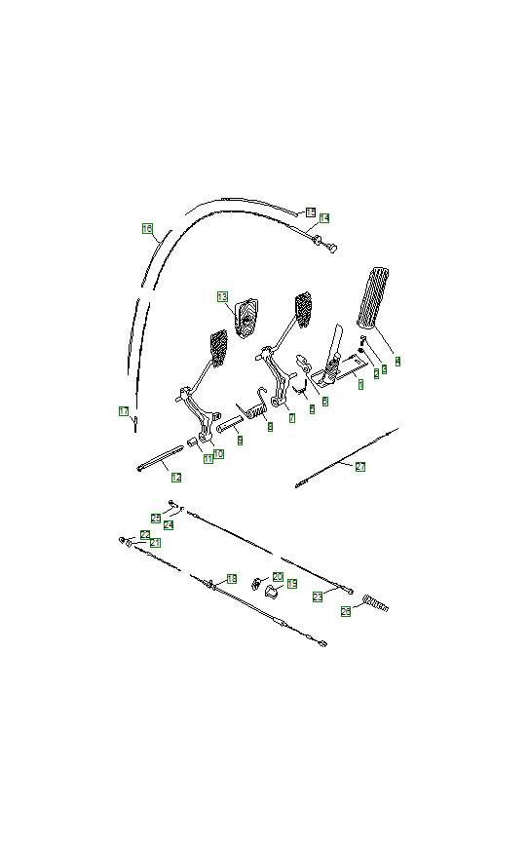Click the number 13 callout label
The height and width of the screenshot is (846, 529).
[x=222, y=296]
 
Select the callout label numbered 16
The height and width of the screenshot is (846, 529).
[x=147, y=229]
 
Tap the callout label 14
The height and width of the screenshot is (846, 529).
[x=324, y=218]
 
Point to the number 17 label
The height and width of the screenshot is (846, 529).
[x=124, y=411]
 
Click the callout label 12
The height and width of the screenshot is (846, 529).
[x=176, y=478]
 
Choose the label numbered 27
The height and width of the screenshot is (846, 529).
[x=360, y=467]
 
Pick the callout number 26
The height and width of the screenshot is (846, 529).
[x=346, y=612]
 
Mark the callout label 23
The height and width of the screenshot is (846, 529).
[x=318, y=596]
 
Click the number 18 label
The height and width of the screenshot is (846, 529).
[x=231, y=579]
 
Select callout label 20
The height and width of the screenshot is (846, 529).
[x=278, y=577]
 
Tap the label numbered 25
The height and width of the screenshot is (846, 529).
[x=156, y=518]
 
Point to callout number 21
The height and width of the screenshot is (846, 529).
[x=156, y=542]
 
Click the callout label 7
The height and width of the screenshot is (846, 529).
[x=291, y=418]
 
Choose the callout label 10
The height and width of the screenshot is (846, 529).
[x=219, y=454]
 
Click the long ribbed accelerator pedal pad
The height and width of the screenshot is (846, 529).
[x=375, y=297]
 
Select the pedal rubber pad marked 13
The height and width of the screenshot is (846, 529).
[x=246, y=314]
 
